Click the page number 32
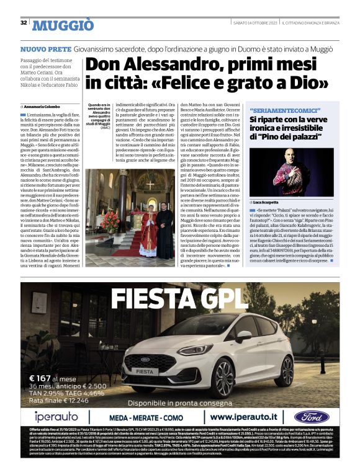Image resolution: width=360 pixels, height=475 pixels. click(24, 23)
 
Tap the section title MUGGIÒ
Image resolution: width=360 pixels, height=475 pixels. click(63, 25)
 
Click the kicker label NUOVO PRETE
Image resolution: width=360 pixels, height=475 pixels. click(45, 48)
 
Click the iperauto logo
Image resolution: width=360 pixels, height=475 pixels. click(56, 416)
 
